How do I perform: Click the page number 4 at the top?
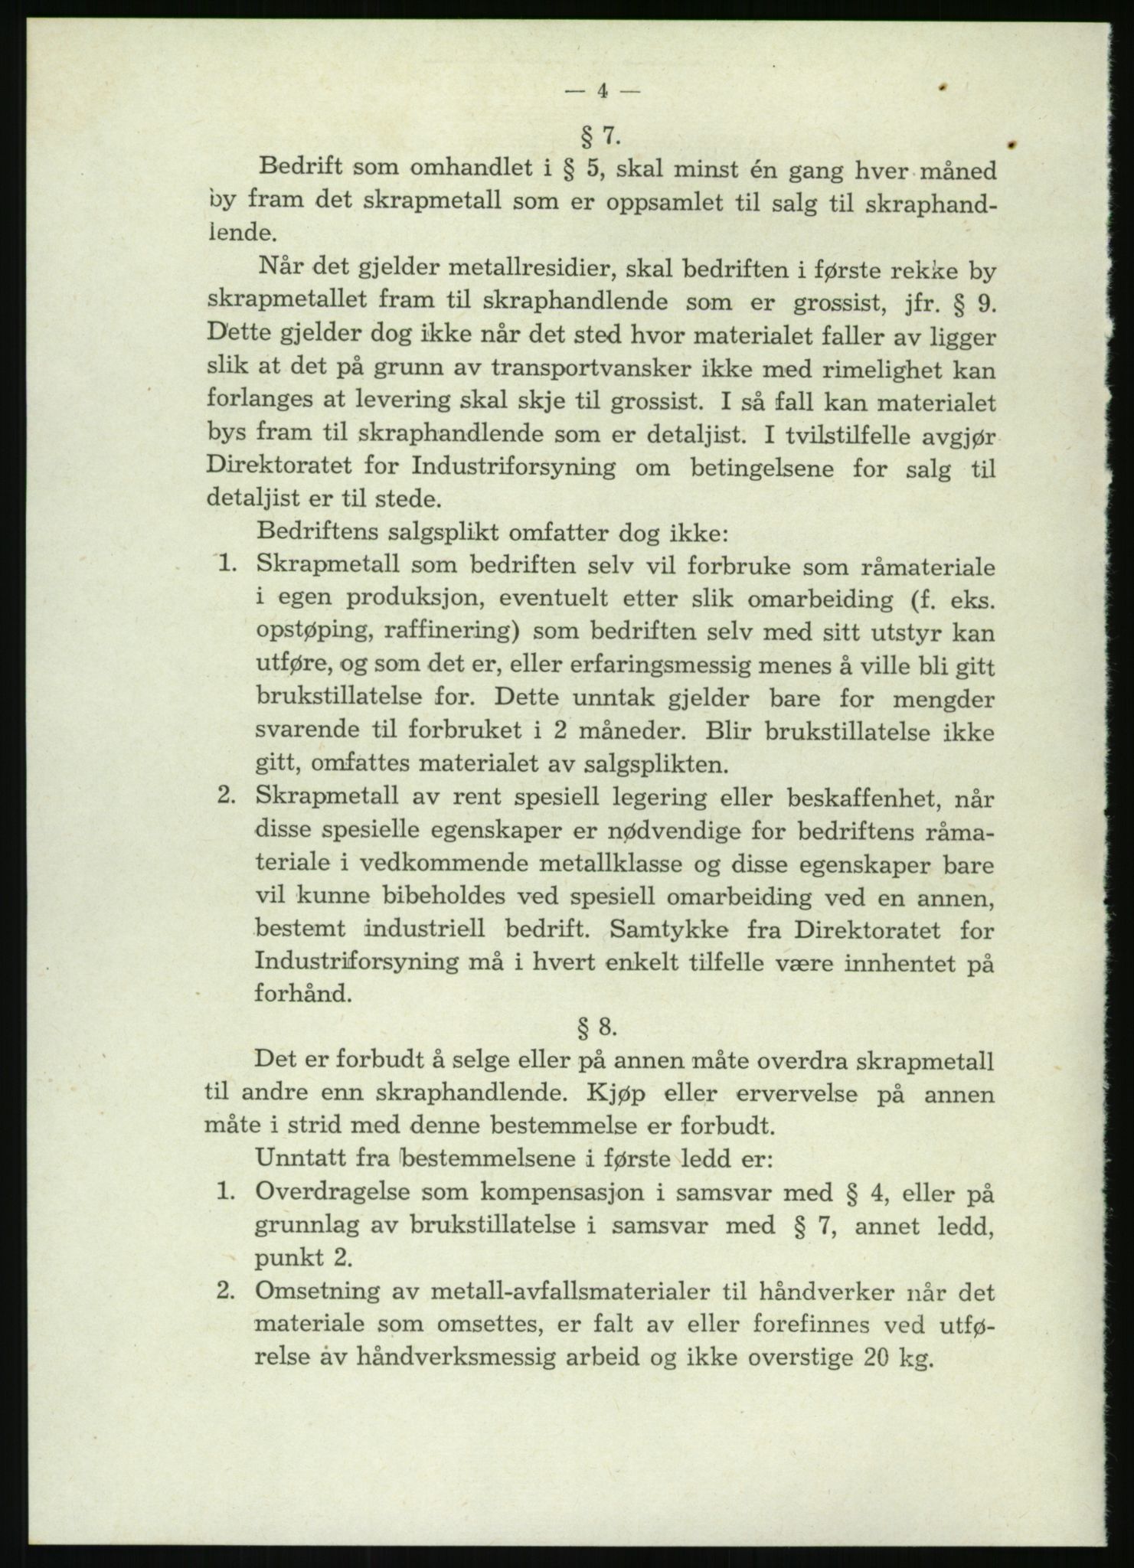coord(601,91)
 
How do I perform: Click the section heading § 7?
coord(600,136)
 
